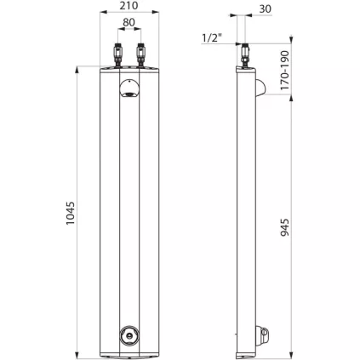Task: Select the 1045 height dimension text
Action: click(x=71, y=213)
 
